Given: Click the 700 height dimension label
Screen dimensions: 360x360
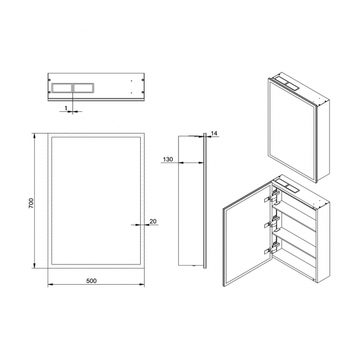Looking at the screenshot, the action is pyautogui.click(x=31, y=203).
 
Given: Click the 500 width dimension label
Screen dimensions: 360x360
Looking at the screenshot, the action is pyautogui.click(x=91, y=281).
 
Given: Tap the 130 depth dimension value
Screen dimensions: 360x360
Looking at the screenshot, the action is pyautogui.click(x=168, y=159).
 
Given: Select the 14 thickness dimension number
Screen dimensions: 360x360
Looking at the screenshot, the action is pyautogui.click(x=214, y=133).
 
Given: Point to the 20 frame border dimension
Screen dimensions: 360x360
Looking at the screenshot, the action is pyautogui.click(x=153, y=222).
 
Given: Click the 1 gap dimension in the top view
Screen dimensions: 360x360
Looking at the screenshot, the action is pyautogui.click(x=66, y=108).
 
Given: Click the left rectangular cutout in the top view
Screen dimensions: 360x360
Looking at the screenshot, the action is pyautogui.click(x=62, y=88).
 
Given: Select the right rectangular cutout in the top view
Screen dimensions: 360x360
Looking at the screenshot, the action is pyautogui.click(x=84, y=88).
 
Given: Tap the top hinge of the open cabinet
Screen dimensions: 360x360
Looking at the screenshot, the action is pyautogui.click(x=272, y=198).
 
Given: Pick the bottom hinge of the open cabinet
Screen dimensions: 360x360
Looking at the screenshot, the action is pyautogui.click(x=272, y=249).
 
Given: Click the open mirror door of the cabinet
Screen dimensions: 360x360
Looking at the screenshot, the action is pyautogui.click(x=248, y=234).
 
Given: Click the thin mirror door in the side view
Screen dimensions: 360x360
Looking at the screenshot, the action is pyautogui.click(x=205, y=200).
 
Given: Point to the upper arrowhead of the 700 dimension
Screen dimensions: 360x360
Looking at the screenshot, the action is pyautogui.click(x=34, y=136).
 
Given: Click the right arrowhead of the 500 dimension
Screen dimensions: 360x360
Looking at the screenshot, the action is pyautogui.click(x=141, y=285).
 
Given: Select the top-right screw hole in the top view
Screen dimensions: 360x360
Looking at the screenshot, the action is pyautogui.click(x=143, y=80).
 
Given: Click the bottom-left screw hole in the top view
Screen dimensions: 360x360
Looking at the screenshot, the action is pyautogui.click(x=49, y=92).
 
